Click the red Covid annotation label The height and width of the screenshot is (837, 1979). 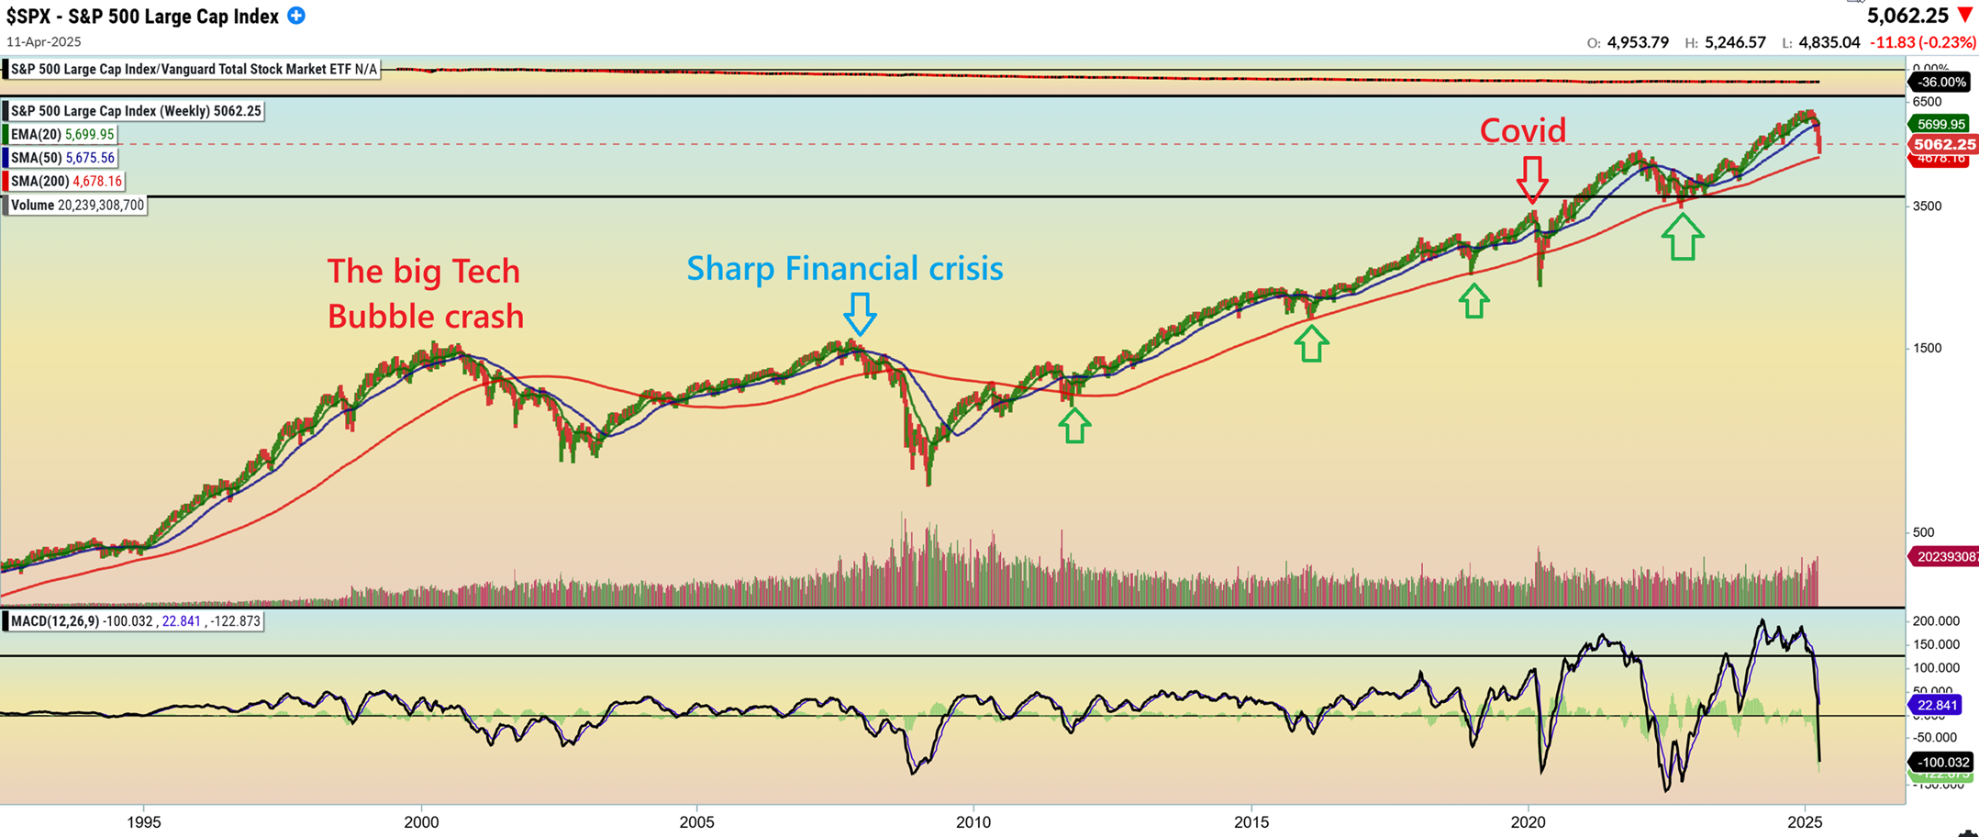[1522, 131]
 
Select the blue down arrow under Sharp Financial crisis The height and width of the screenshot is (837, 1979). [860, 314]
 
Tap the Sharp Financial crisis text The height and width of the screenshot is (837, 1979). [844, 268]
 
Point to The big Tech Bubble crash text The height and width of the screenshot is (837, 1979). [425, 294]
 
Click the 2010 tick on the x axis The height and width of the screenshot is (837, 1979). [973, 821]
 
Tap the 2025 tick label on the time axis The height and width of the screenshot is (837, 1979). [1805, 821]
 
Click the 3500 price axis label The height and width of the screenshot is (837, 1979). [1927, 206]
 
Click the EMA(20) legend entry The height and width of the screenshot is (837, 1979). [62, 135]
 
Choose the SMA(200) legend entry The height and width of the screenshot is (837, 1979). [66, 182]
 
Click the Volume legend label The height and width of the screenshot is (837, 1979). [77, 206]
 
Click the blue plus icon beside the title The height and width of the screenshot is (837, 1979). [296, 16]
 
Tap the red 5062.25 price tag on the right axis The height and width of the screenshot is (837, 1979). [1943, 144]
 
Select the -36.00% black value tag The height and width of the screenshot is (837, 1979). [1941, 82]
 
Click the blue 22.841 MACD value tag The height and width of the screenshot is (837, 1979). [1936, 705]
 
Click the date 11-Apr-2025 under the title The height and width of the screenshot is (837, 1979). [44, 42]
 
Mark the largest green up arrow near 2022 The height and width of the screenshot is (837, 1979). [1682, 237]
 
